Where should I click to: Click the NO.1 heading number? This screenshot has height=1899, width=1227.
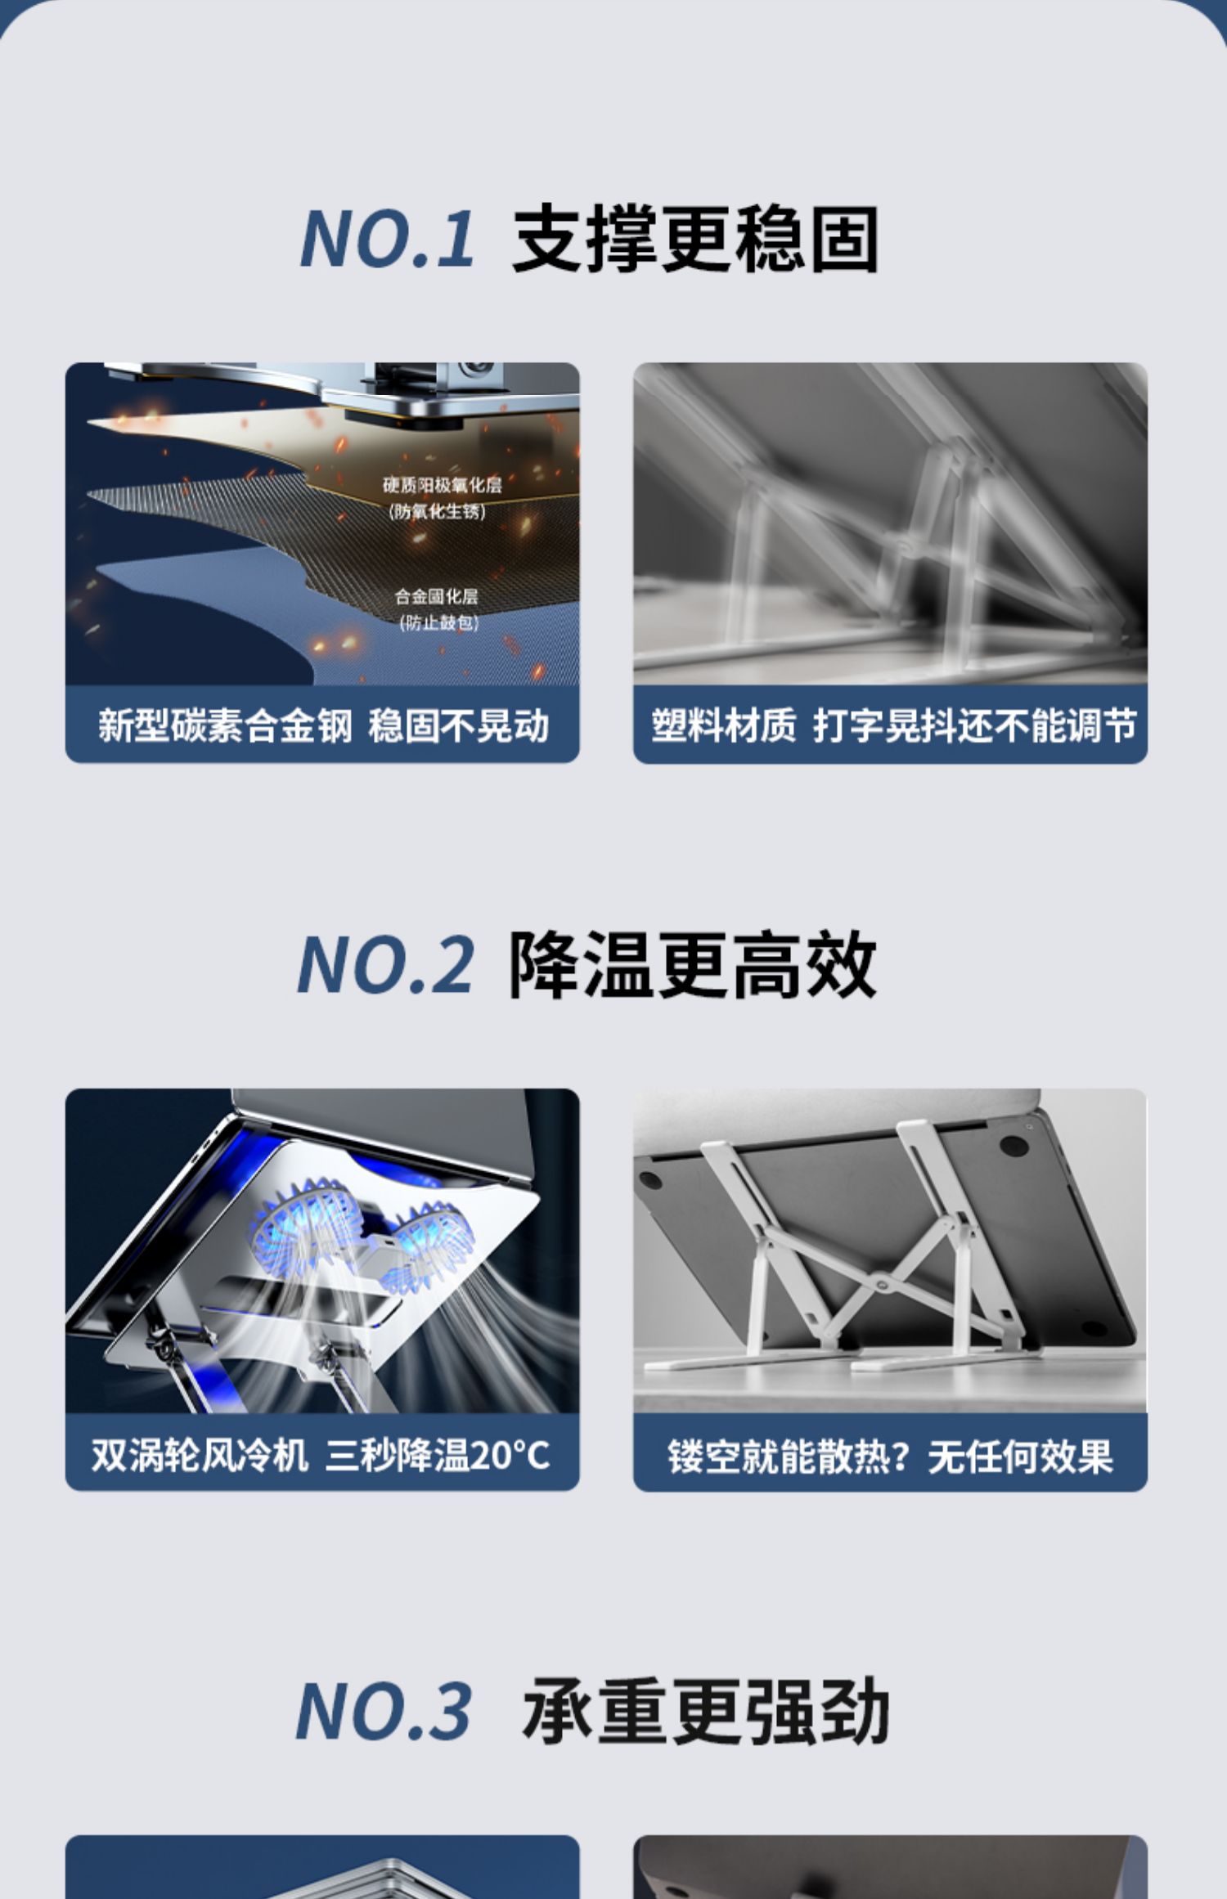(x=387, y=238)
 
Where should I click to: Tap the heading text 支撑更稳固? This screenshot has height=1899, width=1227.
(x=696, y=239)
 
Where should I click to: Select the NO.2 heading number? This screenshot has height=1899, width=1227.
(x=385, y=965)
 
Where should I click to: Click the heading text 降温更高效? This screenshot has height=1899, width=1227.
(x=693, y=965)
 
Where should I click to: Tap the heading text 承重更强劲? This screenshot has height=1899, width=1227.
(x=706, y=1711)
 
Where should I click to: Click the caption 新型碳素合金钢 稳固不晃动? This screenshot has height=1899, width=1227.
(x=323, y=725)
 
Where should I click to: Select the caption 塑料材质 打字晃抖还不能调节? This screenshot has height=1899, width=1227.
(x=893, y=725)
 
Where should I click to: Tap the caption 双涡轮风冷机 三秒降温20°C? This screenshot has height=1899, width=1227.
(x=321, y=1455)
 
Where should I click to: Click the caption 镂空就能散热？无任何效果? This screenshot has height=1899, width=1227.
(x=890, y=1456)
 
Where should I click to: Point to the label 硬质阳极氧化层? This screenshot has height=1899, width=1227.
(x=443, y=485)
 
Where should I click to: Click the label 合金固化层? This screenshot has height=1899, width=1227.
(x=437, y=596)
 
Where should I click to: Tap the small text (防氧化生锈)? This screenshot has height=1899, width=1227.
(x=438, y=511)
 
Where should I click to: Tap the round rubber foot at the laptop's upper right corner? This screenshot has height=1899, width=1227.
(x=1014, y=1145)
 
